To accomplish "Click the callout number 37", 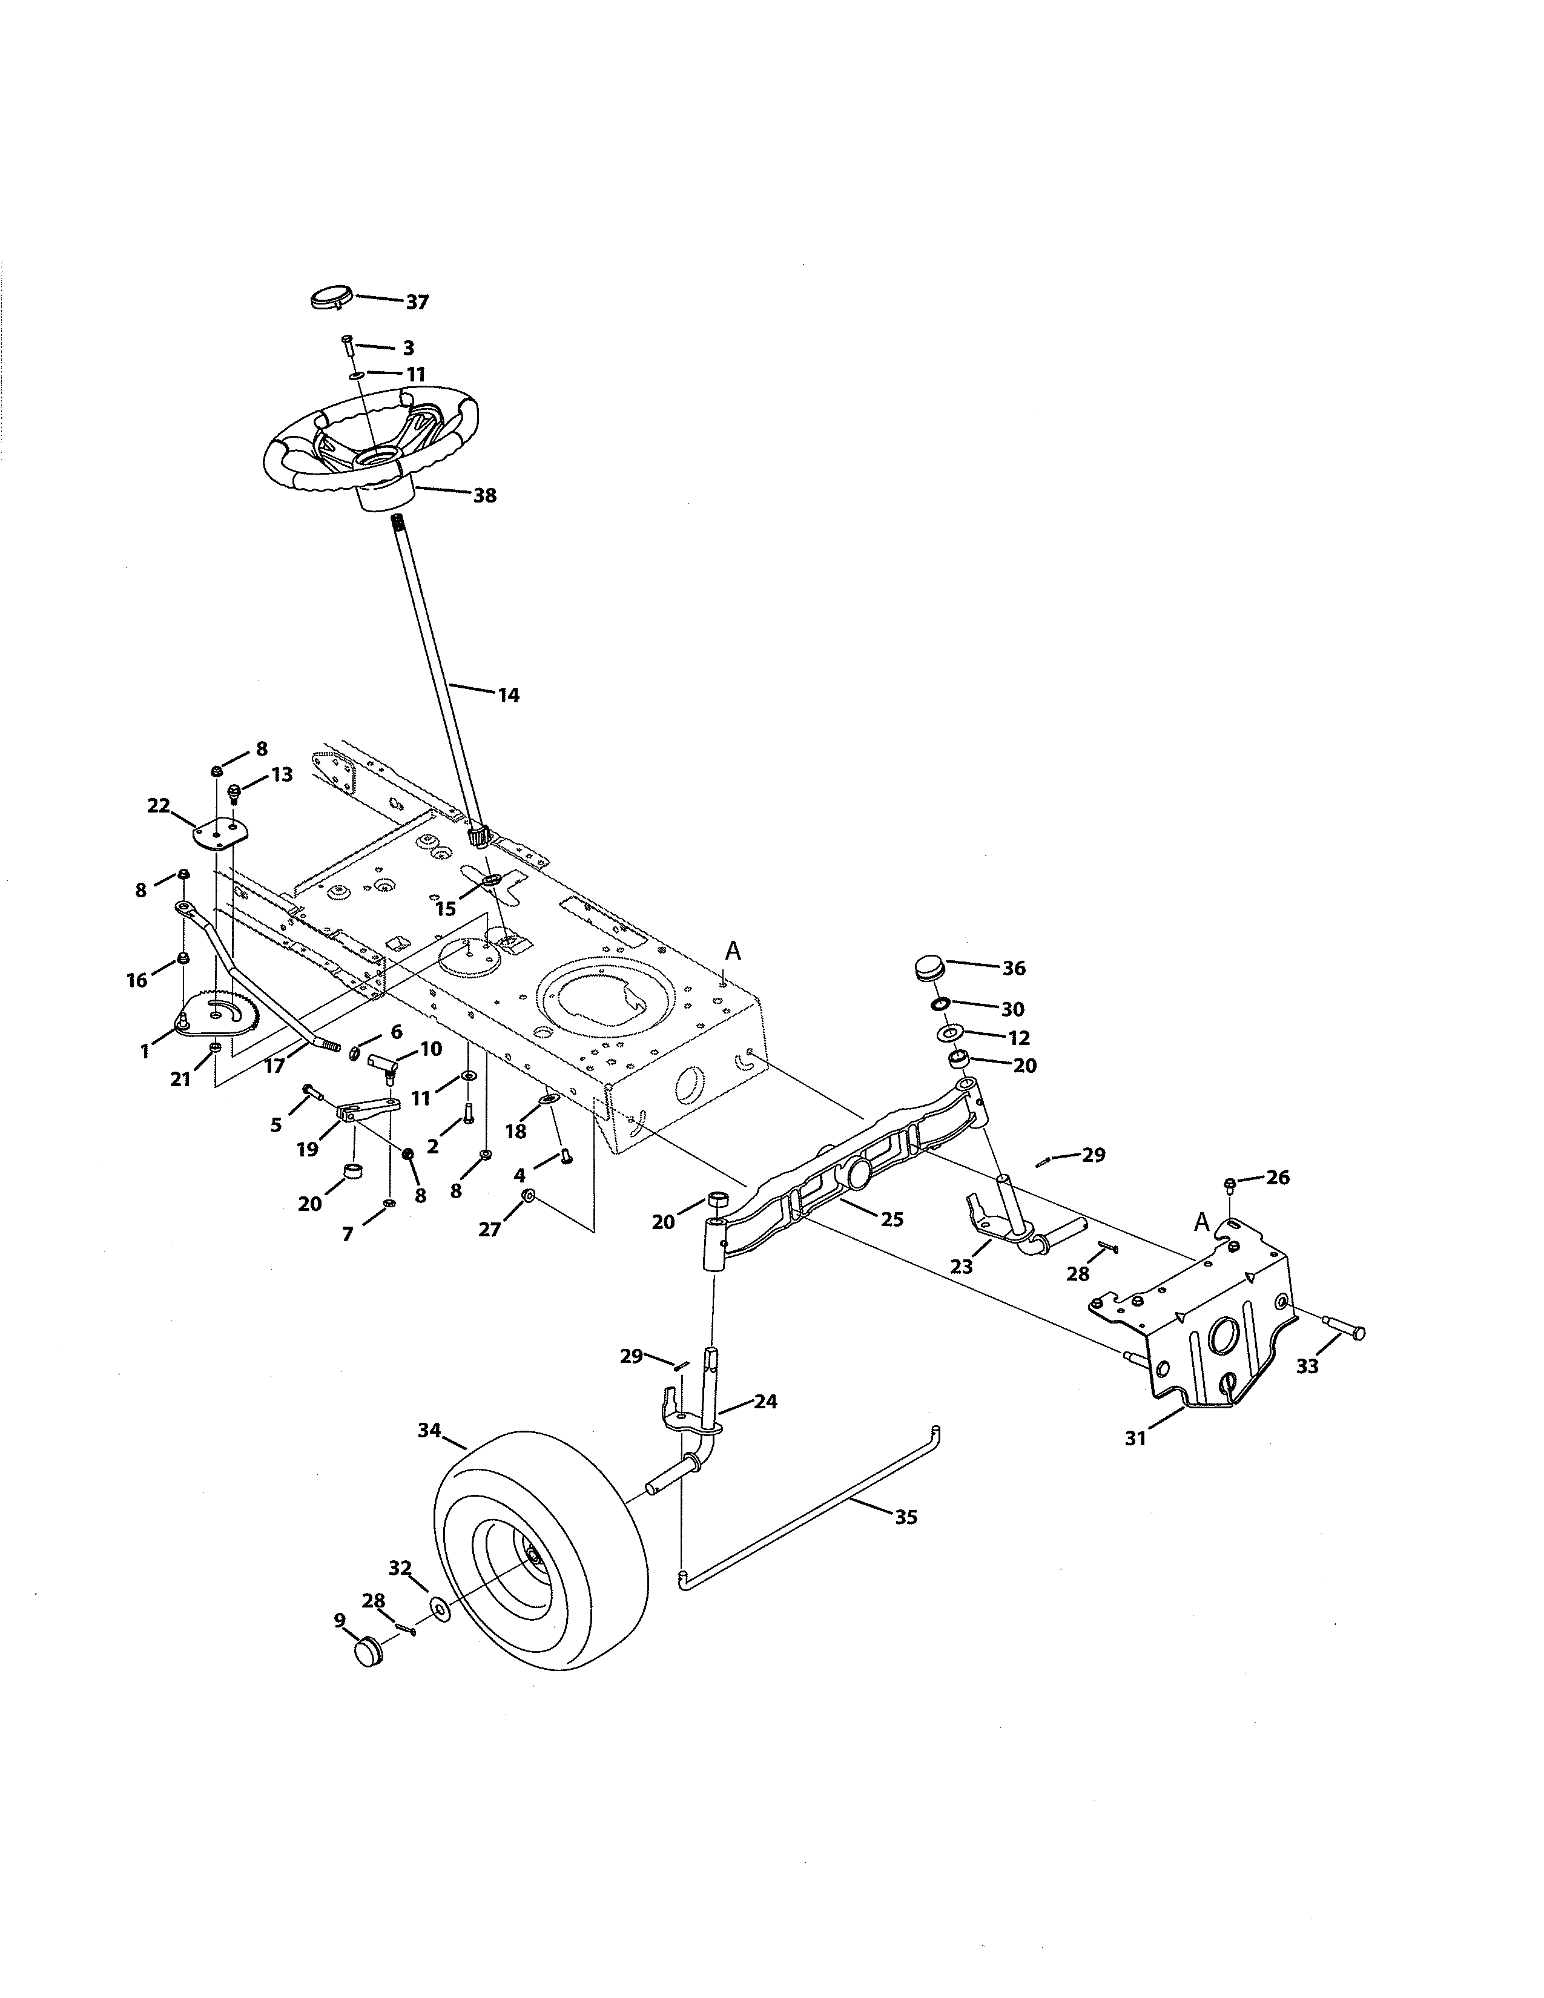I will (x=417, y=303).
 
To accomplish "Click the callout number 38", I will (x=485, y=496).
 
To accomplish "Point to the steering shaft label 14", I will (x=509, y=695).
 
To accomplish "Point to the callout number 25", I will (x=892, y=1219).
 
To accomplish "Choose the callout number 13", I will (x=282, y=775).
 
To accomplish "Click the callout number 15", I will (x=446, y=909).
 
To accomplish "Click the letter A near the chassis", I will (x=733, y=951).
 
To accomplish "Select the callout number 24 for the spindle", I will (x=765, y=1402).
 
